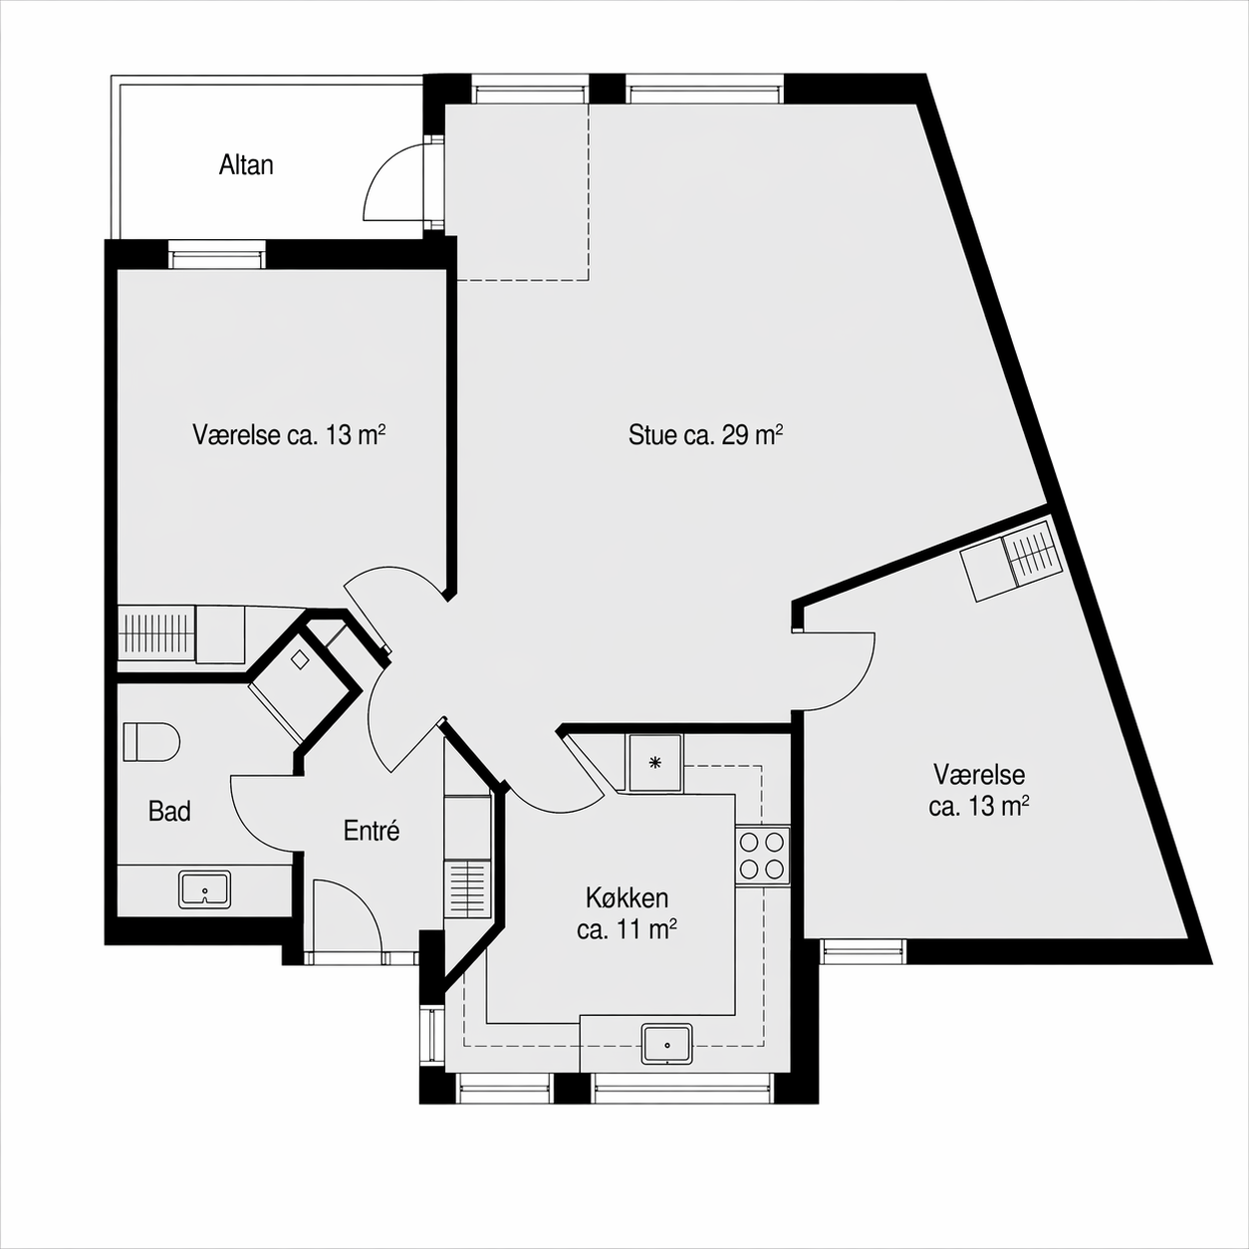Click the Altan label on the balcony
246,165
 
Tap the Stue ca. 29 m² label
706,435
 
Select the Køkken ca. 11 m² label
626,914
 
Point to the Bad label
169,811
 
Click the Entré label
372,831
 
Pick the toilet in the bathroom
151,742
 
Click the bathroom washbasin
205,889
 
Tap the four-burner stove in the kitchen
762,857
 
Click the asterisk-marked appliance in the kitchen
654,763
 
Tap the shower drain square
299,660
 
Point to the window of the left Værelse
217,254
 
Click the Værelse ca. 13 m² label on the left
289,435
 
